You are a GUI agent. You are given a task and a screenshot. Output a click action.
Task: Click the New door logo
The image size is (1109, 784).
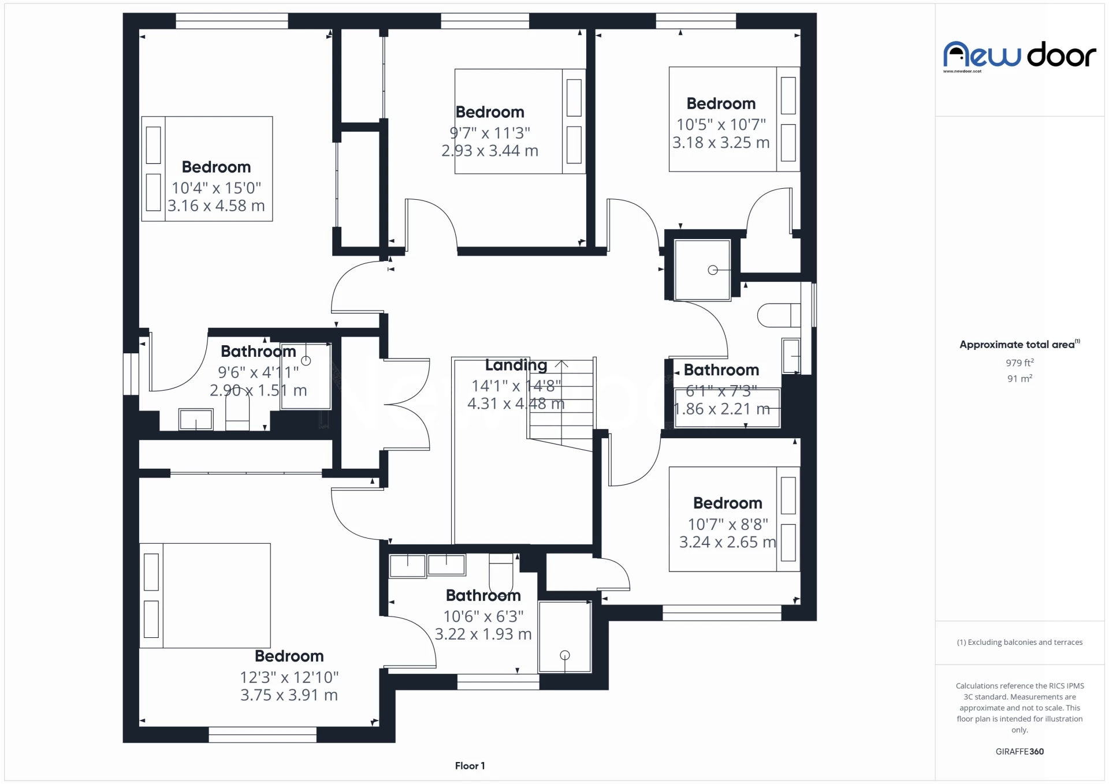[x=1019, y=55]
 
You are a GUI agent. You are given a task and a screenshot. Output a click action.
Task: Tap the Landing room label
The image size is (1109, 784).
[x=516, y=365]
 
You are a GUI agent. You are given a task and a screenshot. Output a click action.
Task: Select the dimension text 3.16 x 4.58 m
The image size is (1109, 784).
[x=216, y=206]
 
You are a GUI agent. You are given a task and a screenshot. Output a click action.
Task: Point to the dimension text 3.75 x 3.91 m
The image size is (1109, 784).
[x=289, y=695]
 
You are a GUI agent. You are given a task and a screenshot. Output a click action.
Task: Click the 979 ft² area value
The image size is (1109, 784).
[x=1019, y=363]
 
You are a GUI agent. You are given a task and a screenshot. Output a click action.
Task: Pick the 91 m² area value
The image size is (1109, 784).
[x=1019, y=378]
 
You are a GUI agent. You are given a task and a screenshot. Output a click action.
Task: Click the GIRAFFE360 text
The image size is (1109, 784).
[x=1019, y=751]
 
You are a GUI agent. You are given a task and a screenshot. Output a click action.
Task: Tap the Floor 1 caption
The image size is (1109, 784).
[x=470, y=766]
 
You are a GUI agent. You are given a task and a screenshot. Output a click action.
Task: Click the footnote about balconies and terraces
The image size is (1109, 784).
[x=1019, y=642]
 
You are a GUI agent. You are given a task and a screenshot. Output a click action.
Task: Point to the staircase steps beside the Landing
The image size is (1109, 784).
[x=561, y=405]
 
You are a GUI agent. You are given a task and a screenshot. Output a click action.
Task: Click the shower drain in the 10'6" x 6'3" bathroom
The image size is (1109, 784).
[x=565, y=655]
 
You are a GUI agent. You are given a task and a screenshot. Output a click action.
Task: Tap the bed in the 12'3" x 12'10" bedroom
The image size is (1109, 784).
[x=205, y=595]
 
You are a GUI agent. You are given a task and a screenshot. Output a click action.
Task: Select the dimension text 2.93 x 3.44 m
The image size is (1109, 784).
[x=490, y=151]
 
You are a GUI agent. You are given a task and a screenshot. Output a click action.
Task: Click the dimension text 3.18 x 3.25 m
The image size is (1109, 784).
[x=721, y=143]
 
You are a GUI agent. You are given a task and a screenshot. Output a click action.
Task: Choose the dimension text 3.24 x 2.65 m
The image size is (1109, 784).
[x=728, y=542]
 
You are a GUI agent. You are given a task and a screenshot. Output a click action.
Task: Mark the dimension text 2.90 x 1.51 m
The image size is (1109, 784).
[x=258, y=390]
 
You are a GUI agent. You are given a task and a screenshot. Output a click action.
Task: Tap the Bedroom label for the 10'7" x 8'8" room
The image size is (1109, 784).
[x=728, y=503]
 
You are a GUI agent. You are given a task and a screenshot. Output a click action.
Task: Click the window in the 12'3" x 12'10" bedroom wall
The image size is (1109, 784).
[x=262, y=734]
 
